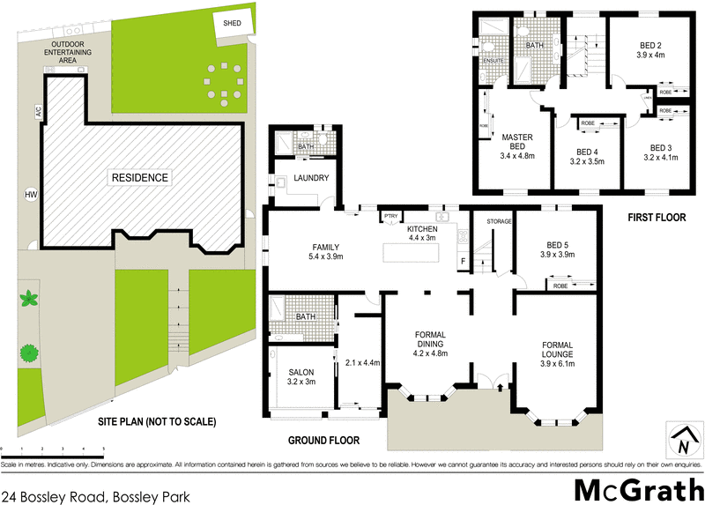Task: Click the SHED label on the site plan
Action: (x=233, y=23)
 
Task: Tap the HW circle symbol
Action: (x=31, y=194)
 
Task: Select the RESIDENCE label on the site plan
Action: (x=138, y=178)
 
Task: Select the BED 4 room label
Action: (x=588, y=151)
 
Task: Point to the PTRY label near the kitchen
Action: (x=389, y=215)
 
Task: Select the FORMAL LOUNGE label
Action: (x=559, y=345)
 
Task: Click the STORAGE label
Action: (x=500, y=221)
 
